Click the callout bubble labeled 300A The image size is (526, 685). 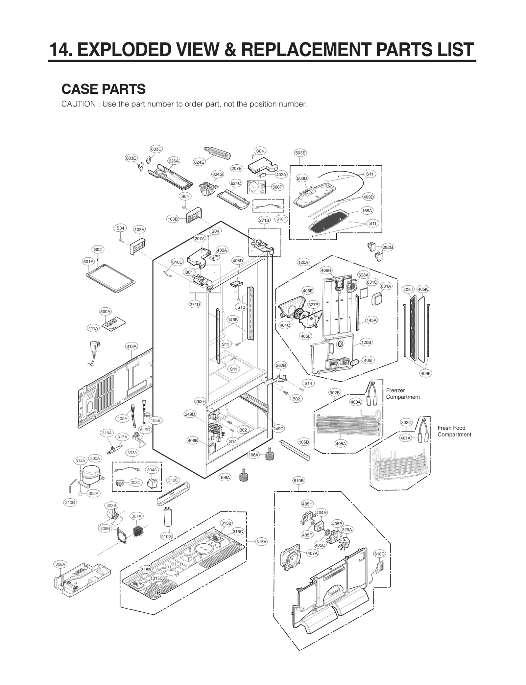tap(95, 458)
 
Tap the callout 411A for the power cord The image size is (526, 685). tap(93, 328)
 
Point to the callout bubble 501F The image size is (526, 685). tap(88, 262)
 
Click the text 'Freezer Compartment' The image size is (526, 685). tap(403, 393)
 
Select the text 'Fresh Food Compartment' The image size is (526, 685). tap(454, 431)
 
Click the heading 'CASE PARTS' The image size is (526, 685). tap(104, 89)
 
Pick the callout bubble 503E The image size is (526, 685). tap(300, 153)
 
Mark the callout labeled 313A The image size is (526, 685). tap(131, 346)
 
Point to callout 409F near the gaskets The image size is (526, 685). tap(426, 373)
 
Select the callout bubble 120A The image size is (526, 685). tap(303, 262)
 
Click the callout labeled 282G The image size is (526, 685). tap(388, 247)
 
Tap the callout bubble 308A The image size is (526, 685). tap(60, 564)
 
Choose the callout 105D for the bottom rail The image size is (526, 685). tap(304, 442)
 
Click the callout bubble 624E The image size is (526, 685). tap(199, 162)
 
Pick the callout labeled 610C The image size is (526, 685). tap(379, 554)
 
